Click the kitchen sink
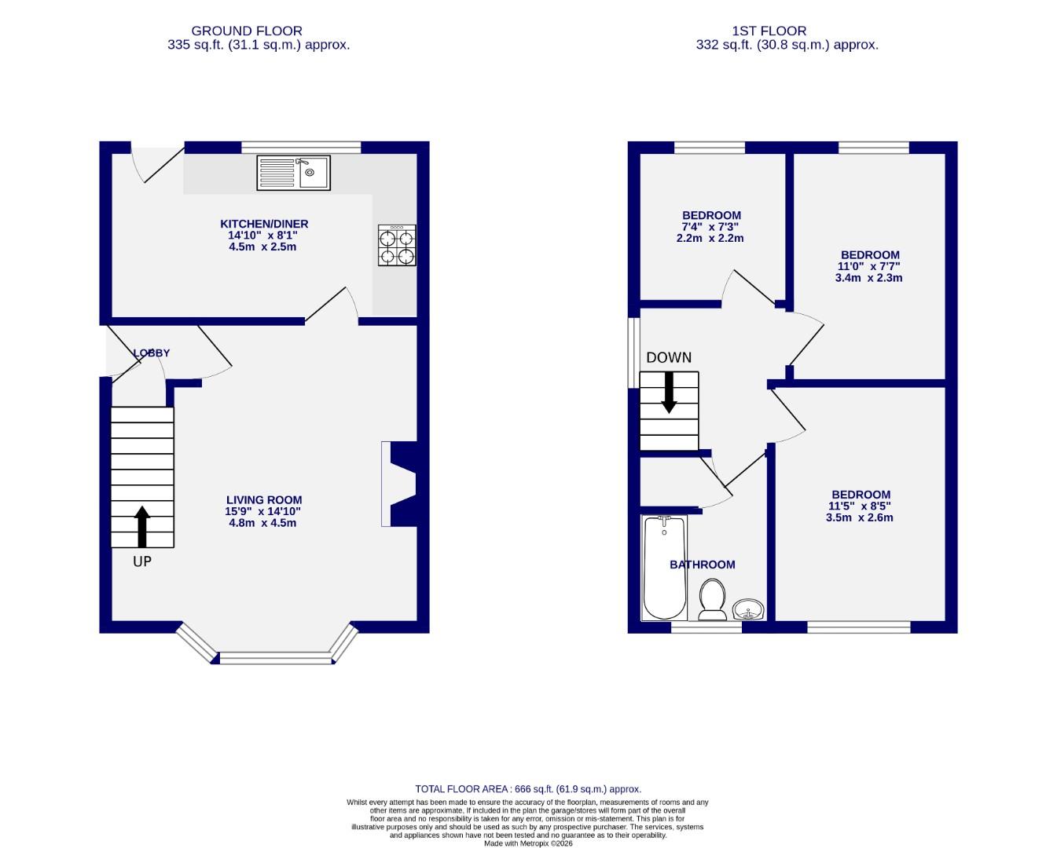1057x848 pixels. [293, 173]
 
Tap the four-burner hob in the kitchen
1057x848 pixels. [397, 246]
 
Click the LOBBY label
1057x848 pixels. [151, 353]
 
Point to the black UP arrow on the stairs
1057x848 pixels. [142, 526]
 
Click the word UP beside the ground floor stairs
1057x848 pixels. [142, 561]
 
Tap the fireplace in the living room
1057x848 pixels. [400, 484]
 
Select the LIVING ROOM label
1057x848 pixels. [263, 500]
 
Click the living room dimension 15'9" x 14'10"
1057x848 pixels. [263, 511]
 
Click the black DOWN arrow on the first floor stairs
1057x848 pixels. [669, 392]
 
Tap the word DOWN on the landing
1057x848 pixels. [669, 358]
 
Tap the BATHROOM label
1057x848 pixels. [702, 565]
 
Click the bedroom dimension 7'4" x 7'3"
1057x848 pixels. [710, 227]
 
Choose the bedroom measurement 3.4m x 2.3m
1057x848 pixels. [869, 278]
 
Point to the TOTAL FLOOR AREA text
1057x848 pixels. [527, 789]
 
